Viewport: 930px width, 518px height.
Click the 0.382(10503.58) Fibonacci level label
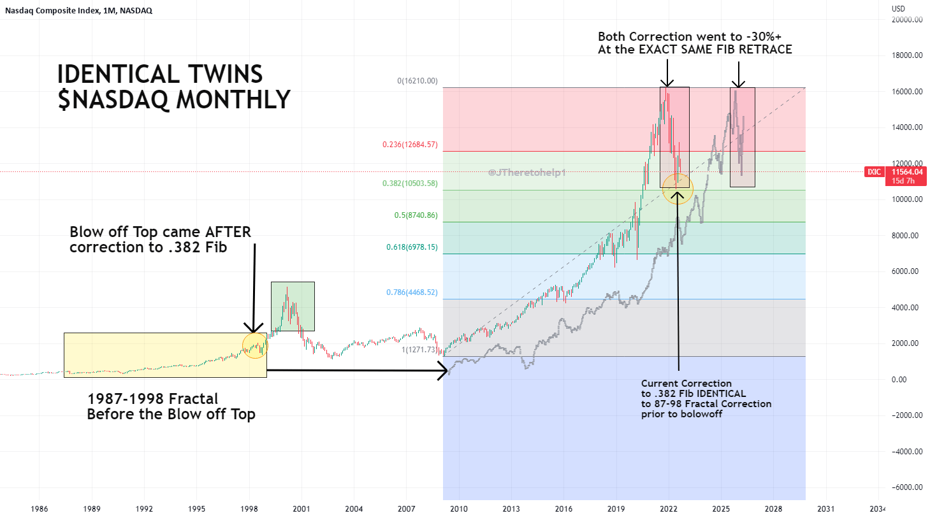(410, 183)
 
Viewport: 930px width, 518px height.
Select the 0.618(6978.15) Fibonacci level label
(412, 247)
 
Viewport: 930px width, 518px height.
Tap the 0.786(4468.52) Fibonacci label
(412, 292)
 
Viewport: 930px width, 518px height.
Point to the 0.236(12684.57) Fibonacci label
(410, 145)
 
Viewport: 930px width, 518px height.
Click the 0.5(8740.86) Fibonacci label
(416, 215)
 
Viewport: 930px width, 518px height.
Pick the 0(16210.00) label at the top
(417, 81)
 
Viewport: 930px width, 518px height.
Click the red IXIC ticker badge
(874, 172)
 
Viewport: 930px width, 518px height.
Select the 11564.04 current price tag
(906, 172)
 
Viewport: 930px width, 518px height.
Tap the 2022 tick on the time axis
(669, 509)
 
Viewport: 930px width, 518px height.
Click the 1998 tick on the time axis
(249, 509)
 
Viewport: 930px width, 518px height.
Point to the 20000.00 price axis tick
(907, 20)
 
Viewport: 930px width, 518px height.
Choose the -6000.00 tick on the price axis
(906, 487)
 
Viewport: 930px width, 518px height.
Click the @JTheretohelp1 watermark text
(527, 173)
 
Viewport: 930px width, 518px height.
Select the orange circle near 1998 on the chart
(255, 345)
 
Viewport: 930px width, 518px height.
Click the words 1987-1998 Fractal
(152, 399)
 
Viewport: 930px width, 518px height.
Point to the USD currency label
(898, 9)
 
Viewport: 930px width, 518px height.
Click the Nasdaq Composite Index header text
(52, 10)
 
